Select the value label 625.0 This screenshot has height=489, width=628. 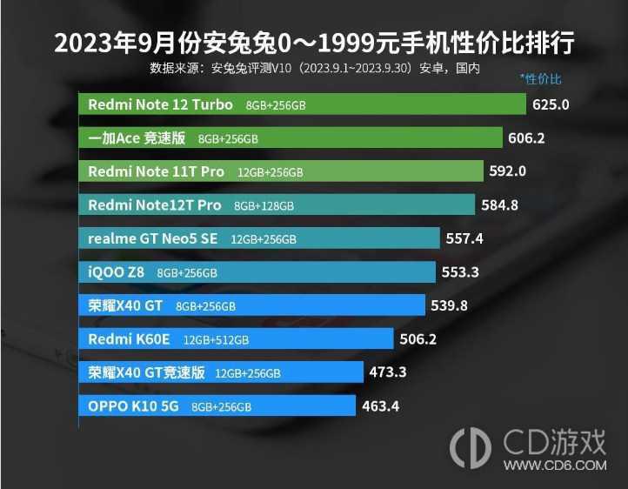coord(551,105)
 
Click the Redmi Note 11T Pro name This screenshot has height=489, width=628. coord(157,171)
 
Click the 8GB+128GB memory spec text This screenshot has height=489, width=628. coord(264,206)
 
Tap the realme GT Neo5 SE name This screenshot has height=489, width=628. coord(154,238)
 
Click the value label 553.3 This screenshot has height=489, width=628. coord(460,272)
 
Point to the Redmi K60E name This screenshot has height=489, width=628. coord(130,338)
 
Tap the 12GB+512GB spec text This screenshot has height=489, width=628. coord(216,339)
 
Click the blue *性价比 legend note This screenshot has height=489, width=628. coord(540,79)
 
